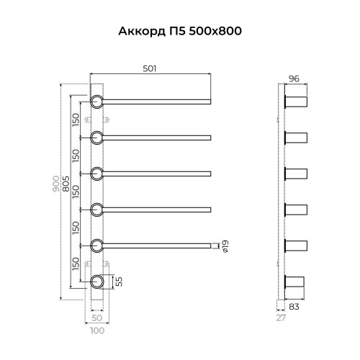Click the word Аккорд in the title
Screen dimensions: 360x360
[x=138, y=32]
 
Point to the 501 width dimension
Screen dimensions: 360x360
[x=150, y=68]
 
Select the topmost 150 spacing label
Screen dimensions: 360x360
[x=76, y=117]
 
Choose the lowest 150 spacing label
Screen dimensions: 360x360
[x=76, y=264]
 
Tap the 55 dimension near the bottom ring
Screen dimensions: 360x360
[x=120, y=281]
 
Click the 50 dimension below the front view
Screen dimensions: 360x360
[x=96, y=318]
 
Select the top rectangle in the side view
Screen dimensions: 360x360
[x=297, y=100]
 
